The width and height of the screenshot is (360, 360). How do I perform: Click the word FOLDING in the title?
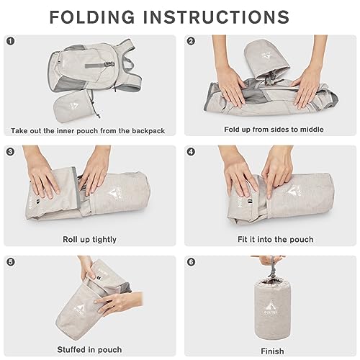click(92, 17)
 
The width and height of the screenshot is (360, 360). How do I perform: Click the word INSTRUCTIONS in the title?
click(217, 17)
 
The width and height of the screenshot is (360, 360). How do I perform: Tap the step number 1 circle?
click(11, 41)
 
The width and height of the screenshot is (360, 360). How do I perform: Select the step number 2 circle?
click(191, 41)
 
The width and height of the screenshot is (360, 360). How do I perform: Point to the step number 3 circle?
click(11, 152)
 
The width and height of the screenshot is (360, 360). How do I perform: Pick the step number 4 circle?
click(191, 152)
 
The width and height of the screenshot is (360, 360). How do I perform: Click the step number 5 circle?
click(11, 262)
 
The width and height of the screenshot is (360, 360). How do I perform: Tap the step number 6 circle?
click(191, 262)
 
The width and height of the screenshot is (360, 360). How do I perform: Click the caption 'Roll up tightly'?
click(89, 240)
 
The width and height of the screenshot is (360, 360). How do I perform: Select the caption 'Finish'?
click(272, 351)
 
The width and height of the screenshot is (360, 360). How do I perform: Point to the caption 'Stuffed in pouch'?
click(89, 350)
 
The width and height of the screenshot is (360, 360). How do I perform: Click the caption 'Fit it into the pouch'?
click(276, 239)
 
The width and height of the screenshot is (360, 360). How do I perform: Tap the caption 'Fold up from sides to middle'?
click(274, 130)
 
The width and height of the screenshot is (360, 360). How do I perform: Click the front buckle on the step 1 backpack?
click(109, 64)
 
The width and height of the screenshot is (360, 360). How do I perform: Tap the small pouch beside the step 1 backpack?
click(73, 106)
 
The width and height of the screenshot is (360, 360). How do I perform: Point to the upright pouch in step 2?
click(266, 59)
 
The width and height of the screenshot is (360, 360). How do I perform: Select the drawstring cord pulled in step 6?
click(271, 269)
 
